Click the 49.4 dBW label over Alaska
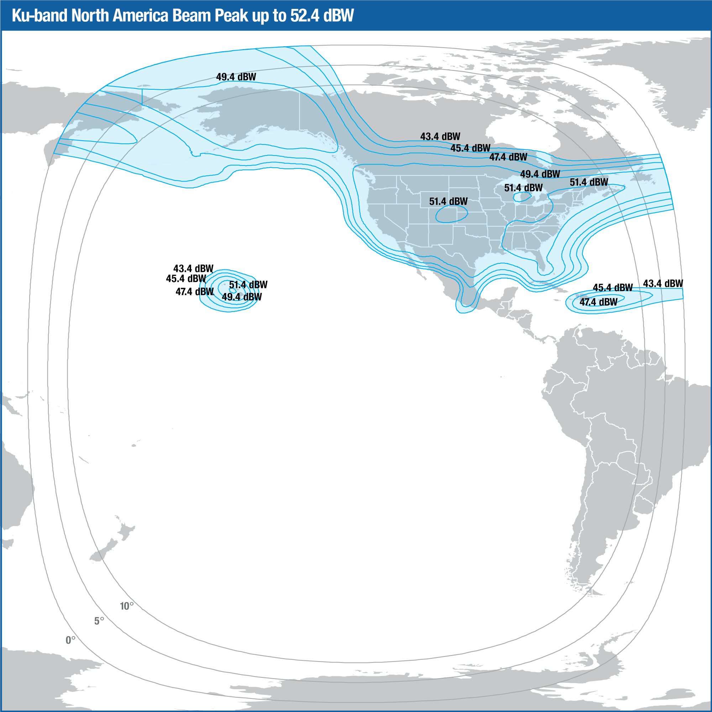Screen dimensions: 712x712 point(236,77)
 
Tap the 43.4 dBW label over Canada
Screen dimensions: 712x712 point(440,136)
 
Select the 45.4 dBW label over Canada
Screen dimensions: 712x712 point(470,148)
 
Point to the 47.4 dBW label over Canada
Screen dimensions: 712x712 point(508,157)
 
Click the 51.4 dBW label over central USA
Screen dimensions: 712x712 point(448,201)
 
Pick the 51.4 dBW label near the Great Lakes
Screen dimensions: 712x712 point(523,188)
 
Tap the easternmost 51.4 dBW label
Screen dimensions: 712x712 point(589,182)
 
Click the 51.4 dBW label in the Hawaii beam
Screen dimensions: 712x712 point(248,285)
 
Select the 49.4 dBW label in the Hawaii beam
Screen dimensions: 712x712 point(242,297)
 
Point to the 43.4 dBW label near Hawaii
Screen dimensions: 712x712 point(193,268)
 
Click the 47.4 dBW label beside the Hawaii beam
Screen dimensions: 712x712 point(195,292)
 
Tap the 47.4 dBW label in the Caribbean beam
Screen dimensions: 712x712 point(598,302)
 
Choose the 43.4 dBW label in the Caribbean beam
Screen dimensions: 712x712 point(663,283)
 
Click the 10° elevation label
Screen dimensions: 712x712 point(126,606)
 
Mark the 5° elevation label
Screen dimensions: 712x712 point(99,621)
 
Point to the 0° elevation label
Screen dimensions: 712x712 point(70,640)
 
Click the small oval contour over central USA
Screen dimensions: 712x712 point(451,214)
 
